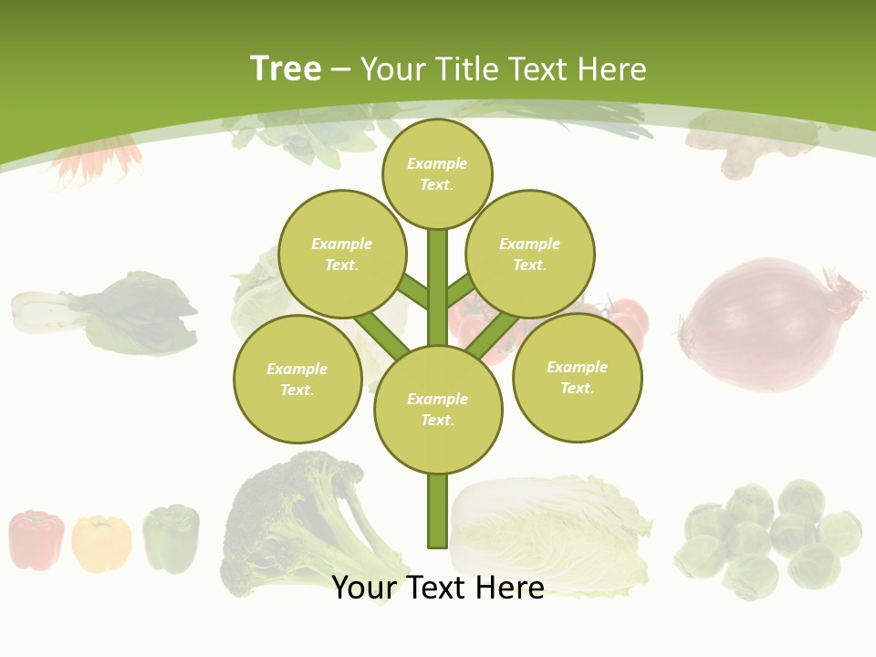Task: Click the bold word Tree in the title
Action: [x=286, y=68]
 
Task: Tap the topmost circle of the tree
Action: [x=437, y=173]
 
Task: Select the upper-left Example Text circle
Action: [x=341, y=254]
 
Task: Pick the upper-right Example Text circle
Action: [x=530, y=254]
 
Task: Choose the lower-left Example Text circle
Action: [x=297, y=379]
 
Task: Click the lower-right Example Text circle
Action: [x=577, y=377]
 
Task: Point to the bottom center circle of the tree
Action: [x=438, y=409]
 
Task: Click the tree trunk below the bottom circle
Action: [x=437, y=511]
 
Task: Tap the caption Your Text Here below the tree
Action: [x=438, y=588]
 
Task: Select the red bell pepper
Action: [x=36, y=539]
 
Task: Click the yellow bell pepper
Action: [x=101, y=543]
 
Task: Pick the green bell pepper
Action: [x=171, y=538]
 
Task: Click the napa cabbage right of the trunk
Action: [x=552, y=529]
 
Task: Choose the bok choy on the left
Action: [x=105, y=313]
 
